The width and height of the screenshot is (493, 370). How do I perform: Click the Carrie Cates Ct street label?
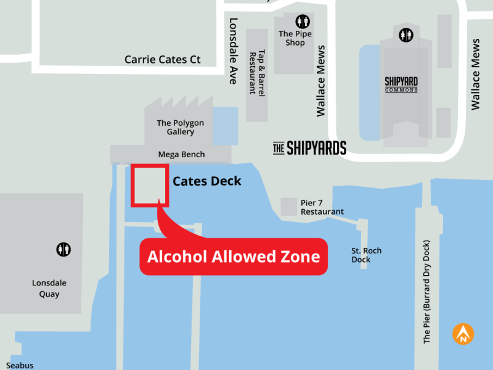click(163, 60)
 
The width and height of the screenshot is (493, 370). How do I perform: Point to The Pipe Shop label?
click(295, 38)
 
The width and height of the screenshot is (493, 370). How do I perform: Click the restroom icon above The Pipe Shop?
click(303, 22)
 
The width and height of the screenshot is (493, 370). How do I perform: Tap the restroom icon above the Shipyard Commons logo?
click(405, 35)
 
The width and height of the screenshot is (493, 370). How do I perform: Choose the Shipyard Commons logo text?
click(401, 84)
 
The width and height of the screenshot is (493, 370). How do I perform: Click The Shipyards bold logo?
click(309, 148)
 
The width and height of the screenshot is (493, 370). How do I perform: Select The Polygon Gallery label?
click(181, 127)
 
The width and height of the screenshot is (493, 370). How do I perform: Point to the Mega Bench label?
click(181, 154)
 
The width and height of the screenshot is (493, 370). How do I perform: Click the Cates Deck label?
click(207, 181)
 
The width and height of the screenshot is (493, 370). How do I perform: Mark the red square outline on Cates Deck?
click(150, 185)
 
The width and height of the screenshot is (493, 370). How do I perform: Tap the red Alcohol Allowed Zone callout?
click(234, 256)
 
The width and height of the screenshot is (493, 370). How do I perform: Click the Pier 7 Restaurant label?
click(322, 207)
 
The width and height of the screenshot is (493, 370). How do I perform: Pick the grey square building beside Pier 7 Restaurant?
click(288, 207)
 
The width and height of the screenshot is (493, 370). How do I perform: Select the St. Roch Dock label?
click(366, 255)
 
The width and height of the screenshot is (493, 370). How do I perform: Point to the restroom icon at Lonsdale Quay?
click(63, 249)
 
